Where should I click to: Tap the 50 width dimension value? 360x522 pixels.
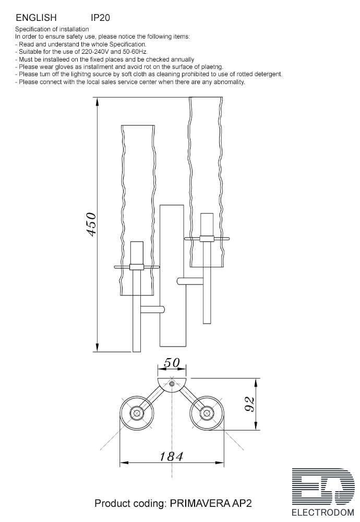[x=172, y=363]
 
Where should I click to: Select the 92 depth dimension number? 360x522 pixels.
[x=250, y=404]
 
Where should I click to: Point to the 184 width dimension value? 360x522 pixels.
[x=171, y=456]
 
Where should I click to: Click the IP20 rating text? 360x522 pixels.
[x=100, y=18]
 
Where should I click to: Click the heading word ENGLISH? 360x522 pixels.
[x=37, y=18]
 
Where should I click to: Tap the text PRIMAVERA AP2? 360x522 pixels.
[x=211, y=503]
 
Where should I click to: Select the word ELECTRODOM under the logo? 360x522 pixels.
[x=323, y=513]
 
